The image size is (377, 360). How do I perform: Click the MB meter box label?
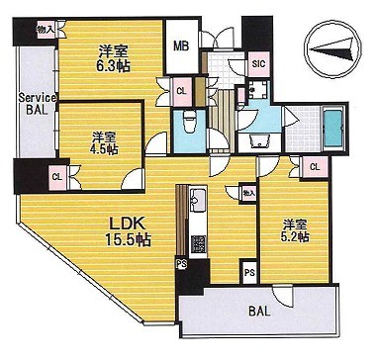[181, 46]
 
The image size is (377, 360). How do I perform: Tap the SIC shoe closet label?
[258, 64]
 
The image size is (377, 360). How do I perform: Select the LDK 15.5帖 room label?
[128, 232]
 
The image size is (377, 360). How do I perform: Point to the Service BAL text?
[38, 104]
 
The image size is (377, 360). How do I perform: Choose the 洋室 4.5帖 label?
[104, 143]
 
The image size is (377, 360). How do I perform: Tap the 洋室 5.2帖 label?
[295, 231]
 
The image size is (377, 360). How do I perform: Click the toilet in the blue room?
[189, 121]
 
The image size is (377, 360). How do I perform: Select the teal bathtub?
[333, 129]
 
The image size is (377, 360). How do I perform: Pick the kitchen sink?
[198, 200]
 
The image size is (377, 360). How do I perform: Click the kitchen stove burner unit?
[198, 244]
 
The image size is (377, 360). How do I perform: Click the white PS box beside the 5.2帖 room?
[249, 273]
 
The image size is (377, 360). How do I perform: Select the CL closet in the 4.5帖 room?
[57, 177]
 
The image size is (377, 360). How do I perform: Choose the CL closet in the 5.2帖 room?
[315, 167]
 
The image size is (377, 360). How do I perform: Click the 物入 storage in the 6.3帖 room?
[46, 30]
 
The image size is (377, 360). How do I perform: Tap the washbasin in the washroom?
[259, 141]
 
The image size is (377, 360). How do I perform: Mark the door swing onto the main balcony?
[283, 296]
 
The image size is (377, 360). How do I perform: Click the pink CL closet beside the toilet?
[182, 92]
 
